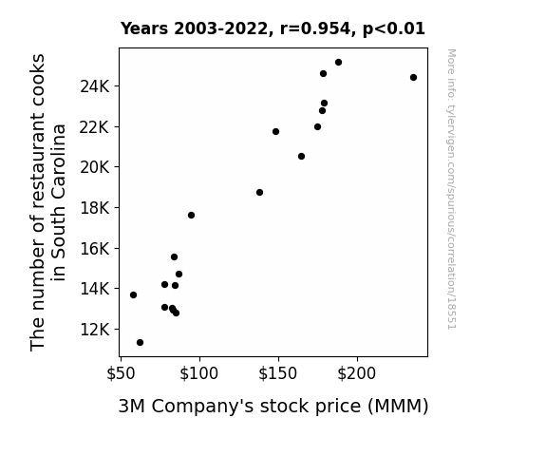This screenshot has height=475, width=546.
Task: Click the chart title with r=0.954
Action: (273, 28)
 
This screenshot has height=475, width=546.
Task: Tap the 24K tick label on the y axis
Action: (95, 86)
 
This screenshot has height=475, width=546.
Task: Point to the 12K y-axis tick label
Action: (95, 330)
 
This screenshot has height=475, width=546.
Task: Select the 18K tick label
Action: (95, 208)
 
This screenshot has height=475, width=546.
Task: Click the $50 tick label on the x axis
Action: (121, 373)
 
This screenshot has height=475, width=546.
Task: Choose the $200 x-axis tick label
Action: (357, 373)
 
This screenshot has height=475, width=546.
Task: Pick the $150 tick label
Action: (278, 373)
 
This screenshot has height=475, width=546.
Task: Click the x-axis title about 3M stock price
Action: (273, 407)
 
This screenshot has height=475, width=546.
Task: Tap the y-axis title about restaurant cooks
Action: (47, 202)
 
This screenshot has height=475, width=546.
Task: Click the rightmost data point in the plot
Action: (413, 77)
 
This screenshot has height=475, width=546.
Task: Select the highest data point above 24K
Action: (338, 63)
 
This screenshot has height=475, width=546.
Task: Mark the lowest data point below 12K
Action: (140, 343)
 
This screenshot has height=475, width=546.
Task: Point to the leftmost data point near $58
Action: (133, 295)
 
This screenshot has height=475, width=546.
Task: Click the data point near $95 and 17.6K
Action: (191, 216)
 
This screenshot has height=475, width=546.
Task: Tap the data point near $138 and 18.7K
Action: (259, 192)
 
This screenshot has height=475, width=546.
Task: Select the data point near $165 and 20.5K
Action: (302, 157)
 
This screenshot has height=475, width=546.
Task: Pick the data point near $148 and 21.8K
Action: (275, 132)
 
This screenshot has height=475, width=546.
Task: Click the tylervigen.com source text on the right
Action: (452, 189)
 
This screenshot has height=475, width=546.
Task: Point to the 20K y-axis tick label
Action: (95, 167)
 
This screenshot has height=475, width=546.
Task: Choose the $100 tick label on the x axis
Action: (199, 373)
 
